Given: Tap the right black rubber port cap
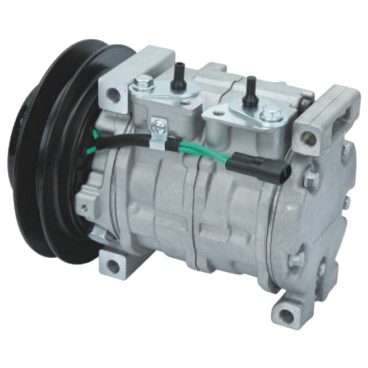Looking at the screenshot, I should (x=250, y=83).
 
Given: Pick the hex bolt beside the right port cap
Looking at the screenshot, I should (x=272, y=111).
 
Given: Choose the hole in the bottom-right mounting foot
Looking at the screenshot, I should (x=286, y=315).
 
